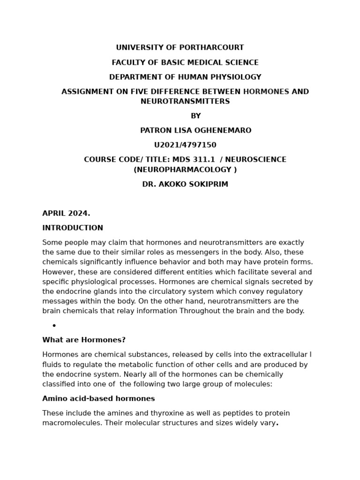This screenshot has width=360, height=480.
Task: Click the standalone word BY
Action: coord(195,116)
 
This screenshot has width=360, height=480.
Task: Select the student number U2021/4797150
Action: coord(185,145)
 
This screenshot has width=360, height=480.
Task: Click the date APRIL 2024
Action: coord(66,214)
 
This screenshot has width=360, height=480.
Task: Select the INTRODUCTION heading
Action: coord(73,228)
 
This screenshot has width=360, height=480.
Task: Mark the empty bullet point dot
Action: coord(54,326)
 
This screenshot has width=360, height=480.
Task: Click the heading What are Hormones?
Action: coord(84,340)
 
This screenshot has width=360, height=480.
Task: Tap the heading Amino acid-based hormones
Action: coord(98,399)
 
